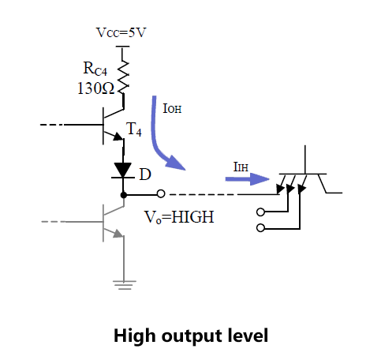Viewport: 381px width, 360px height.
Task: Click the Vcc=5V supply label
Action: pos(121,32)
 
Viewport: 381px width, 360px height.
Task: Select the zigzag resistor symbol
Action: pos(123,77)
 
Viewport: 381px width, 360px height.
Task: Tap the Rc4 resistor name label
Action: pos(95,69)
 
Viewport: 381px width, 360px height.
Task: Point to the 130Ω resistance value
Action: pos(95,88)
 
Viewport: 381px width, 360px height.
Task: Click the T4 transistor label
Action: pos(134,129)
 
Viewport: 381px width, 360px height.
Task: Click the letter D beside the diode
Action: pos(145,174)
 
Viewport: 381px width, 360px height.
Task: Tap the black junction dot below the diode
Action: pos(123,195)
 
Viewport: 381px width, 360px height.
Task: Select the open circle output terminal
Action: pos(161,193)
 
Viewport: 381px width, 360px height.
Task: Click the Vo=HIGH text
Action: pos(179,217)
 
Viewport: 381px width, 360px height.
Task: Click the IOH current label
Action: pos(172,108)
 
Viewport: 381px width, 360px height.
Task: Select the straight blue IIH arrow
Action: pos(247,179)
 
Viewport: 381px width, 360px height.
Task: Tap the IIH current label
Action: pos(241,167)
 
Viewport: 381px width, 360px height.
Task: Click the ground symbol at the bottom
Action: pos(124,285)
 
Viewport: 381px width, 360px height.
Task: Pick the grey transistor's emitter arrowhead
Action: pos(118,234)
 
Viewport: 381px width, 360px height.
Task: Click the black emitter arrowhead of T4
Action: pos(118,137)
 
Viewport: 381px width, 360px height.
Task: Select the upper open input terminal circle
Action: pos(260,212)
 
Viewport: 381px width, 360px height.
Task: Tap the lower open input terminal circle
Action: pos(260,228)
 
